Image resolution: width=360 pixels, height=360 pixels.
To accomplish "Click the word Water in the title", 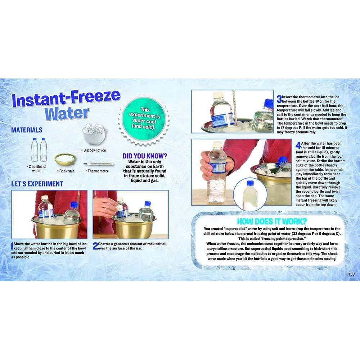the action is click(67, 113).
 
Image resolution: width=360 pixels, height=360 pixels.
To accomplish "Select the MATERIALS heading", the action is click(27, 130).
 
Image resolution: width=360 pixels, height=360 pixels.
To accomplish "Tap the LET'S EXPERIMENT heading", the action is click(37, 184).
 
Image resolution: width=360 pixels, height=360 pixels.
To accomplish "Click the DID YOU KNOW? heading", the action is click(145, 156).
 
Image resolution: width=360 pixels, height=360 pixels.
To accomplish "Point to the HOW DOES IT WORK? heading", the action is click(272, 221).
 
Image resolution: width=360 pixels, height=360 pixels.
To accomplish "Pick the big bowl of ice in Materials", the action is click(94, 134).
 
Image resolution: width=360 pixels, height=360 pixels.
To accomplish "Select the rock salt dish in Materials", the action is click(65, 159).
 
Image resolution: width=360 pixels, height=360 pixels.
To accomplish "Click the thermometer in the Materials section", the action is click(99, 164).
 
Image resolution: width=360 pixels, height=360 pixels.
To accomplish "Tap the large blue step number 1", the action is click(12, 246).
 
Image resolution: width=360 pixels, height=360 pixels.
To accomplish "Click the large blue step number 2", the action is click(95, 246).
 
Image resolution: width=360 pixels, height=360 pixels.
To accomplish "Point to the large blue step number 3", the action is click(279, 99).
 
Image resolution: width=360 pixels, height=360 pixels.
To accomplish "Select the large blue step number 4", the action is click(298, 145).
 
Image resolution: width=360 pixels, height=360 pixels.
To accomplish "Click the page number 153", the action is click(352, 274).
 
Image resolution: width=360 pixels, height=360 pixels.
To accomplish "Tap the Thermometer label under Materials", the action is click(98, 171).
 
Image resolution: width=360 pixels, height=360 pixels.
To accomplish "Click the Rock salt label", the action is click(67, 171).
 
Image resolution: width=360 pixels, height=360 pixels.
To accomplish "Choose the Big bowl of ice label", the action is click(95, 150).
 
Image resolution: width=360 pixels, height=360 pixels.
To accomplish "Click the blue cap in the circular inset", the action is click(250, 183).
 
